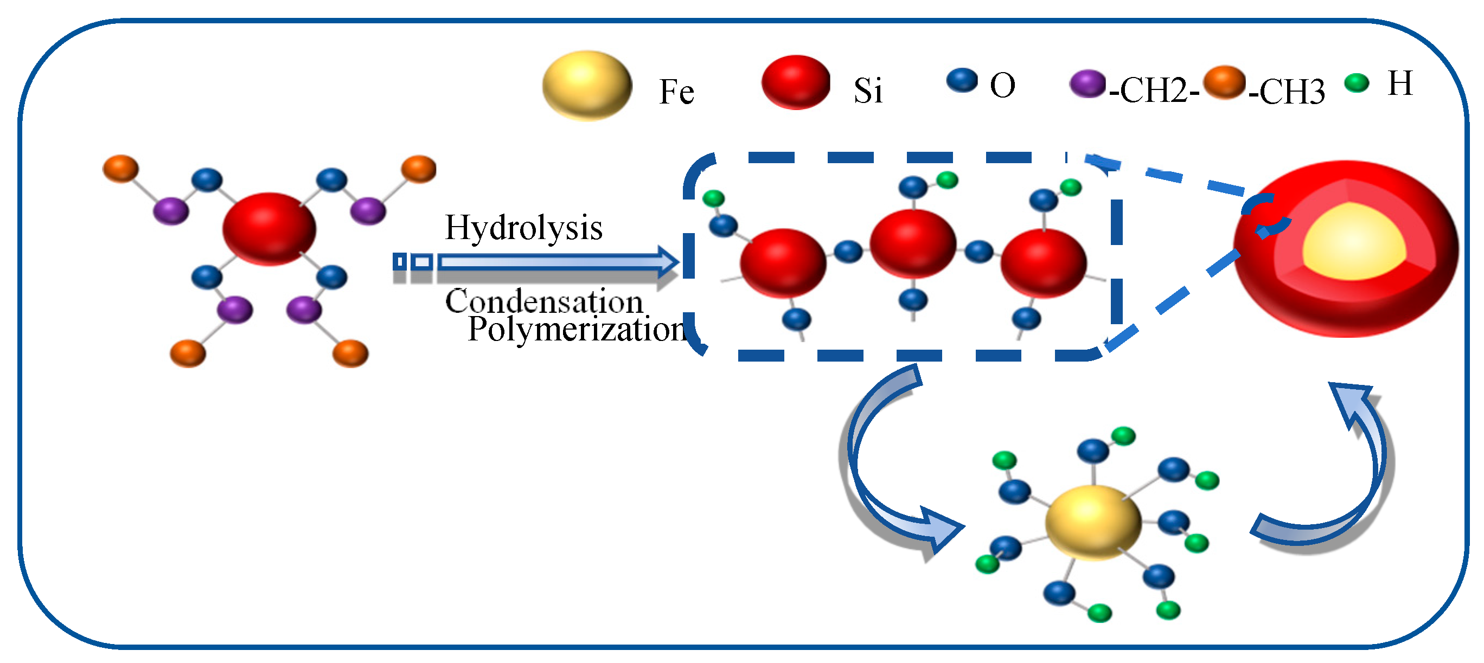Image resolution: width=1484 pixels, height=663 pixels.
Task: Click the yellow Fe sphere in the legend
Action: (x=586, y=85)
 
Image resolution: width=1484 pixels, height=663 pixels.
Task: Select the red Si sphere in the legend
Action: (x=796, y=82)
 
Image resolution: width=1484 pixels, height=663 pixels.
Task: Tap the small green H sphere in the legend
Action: (x=1356, y=83)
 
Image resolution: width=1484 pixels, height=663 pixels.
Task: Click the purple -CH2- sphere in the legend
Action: (x=1086, y=84)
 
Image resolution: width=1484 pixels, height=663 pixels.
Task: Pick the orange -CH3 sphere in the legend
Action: (x=1224, y=82)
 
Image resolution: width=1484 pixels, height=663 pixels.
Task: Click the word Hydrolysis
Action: (x=523, y=228)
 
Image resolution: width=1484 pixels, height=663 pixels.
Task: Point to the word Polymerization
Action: (x=576, y=330)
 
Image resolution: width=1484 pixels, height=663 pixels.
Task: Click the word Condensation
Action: (x=544, y=301)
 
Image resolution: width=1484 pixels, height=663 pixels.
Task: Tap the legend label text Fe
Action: (x=676, y=92)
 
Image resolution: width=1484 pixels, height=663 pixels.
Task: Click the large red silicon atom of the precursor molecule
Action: (x=269, y=229)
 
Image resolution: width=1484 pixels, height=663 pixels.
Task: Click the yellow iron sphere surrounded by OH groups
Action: (x=1093, y=522)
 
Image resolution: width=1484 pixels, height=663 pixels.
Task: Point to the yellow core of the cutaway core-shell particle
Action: (x=1354, y=242)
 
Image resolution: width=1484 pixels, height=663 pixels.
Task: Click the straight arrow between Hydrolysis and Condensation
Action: (x=553, y=263)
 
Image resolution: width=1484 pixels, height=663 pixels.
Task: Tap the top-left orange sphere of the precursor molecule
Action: (x=120, y=168)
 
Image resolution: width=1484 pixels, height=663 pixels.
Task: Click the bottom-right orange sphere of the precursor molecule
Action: (x=350, y=352)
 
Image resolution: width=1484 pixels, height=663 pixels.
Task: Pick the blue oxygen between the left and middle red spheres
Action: (x=848, y=251)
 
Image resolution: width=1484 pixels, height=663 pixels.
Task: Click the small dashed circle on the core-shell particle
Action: (x=1265, y=216)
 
